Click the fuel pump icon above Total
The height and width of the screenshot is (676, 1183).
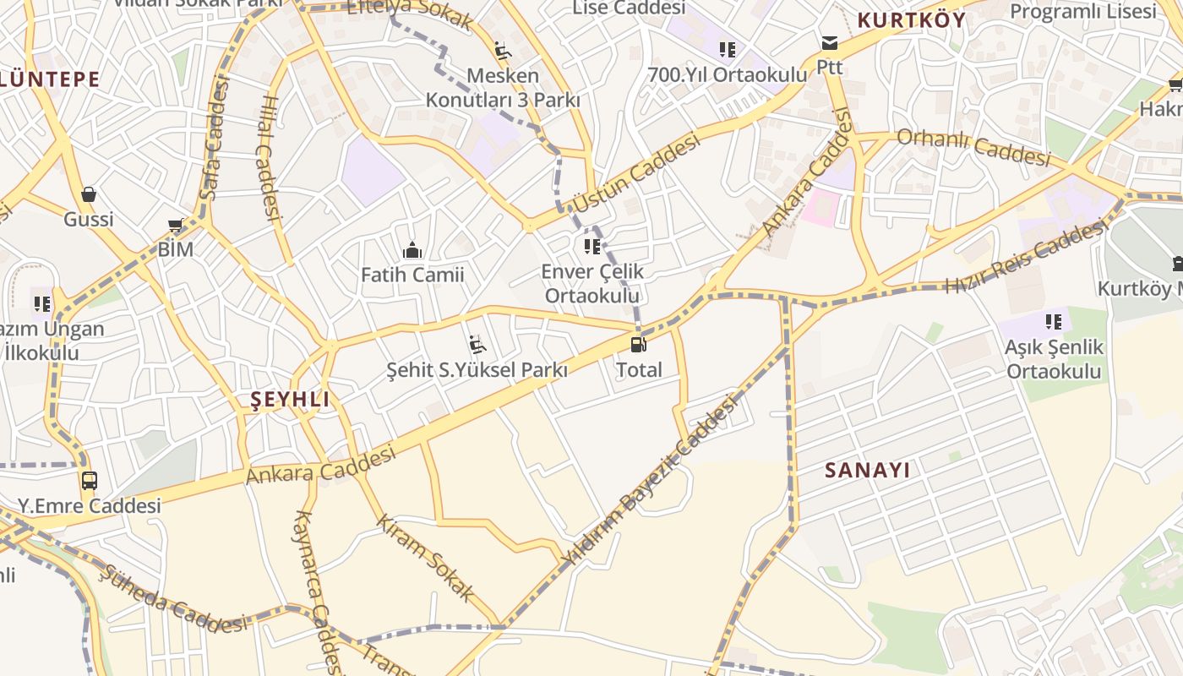[639, 345]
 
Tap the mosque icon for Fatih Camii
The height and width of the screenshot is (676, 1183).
[412, 250]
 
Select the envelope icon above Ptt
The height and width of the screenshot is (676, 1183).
[829, 43]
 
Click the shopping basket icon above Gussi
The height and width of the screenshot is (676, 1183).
[89, 194]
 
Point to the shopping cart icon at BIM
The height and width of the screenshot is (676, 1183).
[176, 225]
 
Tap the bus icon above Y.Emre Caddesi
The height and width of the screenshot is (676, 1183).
[89, 481]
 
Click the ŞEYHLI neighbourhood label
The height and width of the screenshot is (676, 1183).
[290, 401]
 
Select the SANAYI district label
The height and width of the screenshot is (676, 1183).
[868, 471]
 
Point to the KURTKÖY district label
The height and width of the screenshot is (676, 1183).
[911, 21]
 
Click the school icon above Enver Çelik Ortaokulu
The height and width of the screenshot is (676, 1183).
[592, 247]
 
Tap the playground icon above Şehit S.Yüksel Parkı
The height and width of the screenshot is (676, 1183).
[477, 345]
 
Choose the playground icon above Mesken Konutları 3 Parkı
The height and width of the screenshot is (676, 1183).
[503, 51]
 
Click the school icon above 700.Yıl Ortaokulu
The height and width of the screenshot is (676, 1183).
[728, 50]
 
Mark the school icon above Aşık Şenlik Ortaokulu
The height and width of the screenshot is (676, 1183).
[1054, 321]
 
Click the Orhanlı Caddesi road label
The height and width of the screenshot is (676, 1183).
[973, 147]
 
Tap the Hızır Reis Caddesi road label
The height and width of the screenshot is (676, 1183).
[1027, 255]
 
